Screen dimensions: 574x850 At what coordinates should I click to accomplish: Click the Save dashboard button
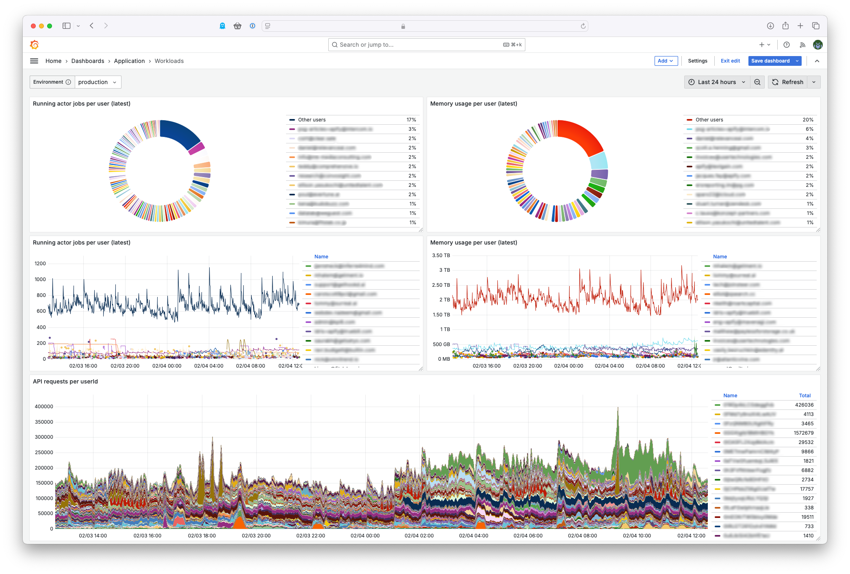coord(770,61)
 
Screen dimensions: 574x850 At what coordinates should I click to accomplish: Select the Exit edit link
coord(730,61)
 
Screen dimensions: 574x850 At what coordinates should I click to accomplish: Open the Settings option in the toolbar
coord(697,61)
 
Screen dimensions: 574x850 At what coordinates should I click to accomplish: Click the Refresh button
coord(788,82)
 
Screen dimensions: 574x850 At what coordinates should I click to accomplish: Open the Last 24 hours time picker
coord(717,82)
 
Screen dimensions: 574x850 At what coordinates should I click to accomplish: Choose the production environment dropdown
coord(98,82)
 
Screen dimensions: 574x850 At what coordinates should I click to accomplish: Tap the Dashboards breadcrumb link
coord(88,61)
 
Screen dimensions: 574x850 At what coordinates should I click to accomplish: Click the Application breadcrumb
coord(129,61)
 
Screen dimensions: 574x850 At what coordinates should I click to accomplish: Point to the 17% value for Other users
coord(411,120)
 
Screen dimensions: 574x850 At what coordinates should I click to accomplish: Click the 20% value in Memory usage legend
coord(808,120)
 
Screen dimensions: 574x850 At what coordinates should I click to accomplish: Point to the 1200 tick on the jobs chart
coord(40,264)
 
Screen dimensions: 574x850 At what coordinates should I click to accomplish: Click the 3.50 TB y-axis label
coord(441,256)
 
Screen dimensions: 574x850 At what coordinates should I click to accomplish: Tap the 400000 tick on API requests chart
coord(44,407)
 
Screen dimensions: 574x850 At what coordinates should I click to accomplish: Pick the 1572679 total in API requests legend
coord(803,433)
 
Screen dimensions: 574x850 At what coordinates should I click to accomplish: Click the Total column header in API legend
coord(804,396)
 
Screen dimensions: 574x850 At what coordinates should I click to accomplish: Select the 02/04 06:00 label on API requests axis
coord(528,536)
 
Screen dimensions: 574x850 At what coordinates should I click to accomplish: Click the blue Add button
coord(666,61)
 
